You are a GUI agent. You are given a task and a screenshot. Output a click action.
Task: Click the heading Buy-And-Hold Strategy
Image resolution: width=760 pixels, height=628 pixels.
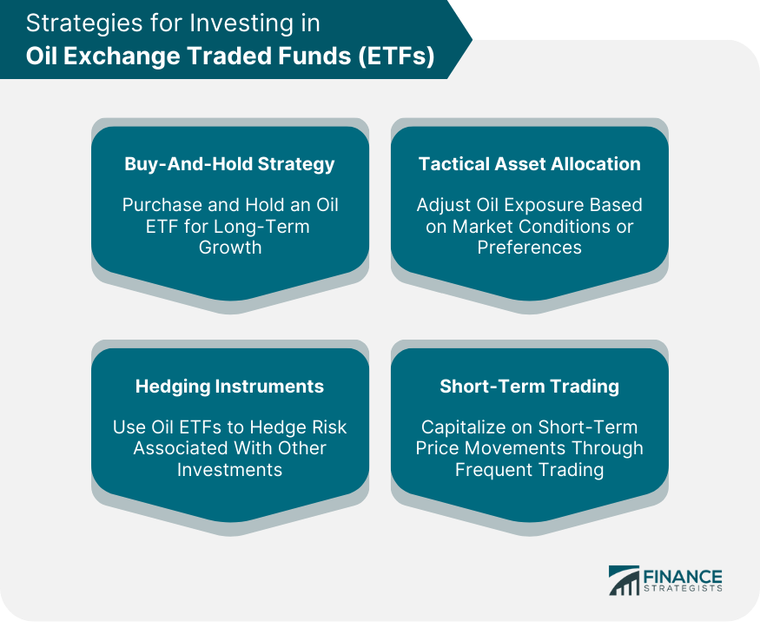tap(229, 164)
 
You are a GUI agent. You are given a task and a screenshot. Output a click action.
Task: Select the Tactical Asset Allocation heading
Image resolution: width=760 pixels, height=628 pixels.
tap(529, 164)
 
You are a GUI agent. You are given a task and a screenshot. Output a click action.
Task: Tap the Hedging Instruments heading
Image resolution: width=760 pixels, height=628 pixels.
tap(229, 387)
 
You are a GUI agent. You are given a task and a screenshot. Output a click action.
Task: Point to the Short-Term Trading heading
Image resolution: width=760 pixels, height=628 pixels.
tap(529, 387)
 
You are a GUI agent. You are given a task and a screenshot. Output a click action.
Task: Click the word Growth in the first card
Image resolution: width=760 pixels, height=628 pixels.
tap(230, 248)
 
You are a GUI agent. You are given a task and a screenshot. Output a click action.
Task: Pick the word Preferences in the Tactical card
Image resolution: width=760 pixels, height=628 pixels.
tap(529, 248)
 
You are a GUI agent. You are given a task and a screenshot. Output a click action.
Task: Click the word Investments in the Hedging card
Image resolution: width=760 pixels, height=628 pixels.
tap(230, 470)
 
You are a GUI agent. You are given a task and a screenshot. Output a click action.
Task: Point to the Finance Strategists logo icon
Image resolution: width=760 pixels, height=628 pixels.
tap(624, 580)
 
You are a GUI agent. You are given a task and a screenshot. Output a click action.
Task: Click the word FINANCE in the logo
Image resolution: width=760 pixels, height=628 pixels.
tap(683, 577)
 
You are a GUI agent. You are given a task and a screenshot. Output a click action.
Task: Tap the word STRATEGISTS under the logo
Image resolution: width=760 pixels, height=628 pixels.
tap(683, 588)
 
